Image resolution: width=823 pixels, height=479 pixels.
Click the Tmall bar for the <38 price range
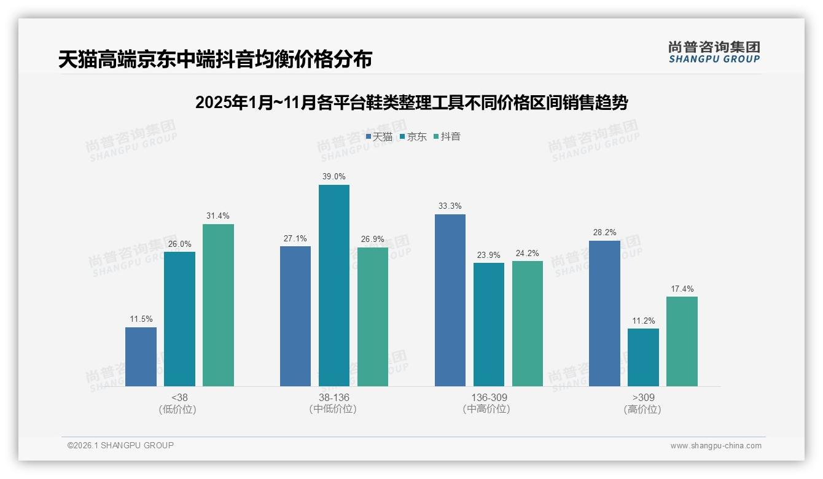click(141, 357)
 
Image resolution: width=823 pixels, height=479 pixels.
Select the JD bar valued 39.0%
click(333, 286)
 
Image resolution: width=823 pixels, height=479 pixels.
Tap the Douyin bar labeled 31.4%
click(218, 305)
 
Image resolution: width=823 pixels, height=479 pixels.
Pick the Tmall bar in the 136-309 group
click(450, 300)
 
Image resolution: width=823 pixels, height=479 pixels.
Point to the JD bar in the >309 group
click(643, 357)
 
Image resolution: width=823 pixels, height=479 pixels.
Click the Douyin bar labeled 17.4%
click(682, 341)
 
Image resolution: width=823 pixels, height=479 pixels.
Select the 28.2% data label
click(604, 233)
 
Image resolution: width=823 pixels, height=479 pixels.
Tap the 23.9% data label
click(489, 255)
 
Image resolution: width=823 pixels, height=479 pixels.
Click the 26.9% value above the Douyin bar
click(373, 240)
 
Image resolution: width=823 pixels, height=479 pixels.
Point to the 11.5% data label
click(141, 319)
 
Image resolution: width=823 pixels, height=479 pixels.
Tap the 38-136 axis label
click(333, 398)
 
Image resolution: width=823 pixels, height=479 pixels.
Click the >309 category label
click(643, 398)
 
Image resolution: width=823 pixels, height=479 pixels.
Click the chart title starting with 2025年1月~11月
click(411, 103)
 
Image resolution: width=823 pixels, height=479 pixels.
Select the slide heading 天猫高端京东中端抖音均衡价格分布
click(215, 60)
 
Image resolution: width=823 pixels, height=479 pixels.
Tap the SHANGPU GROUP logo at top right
click(714, 52)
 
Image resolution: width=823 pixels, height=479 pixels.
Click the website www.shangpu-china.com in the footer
click(716, 446)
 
